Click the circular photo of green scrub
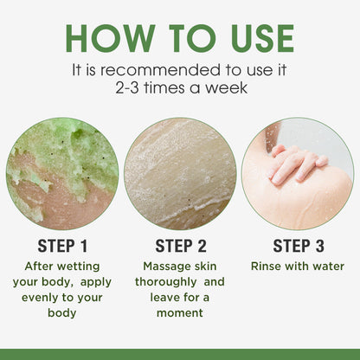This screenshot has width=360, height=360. pyautogui.click(x=62, y=173)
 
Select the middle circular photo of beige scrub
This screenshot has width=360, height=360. pyautogui.click(x=180, y=173)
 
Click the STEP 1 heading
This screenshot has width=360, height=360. pyautogui.click(x=62, y=245)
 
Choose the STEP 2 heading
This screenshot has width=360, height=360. pyautogui.click(x=180, y=245)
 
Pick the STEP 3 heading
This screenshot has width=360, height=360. pyautogui.click(x=298, y=245)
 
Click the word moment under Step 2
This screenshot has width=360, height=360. pyautogui.click(x=180, y=312)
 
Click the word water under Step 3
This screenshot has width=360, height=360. pyautogui.click(x=329, y=266)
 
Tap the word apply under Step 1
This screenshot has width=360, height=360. pyautogui.click(x=95, y=281)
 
